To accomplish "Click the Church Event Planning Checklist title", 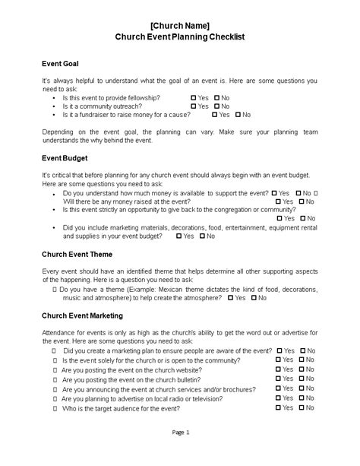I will pos(180,36).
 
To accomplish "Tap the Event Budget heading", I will pos(65,158).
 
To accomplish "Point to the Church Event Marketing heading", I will pos(83,315).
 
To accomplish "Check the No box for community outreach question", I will pos(217,106).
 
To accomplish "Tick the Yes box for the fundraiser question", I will pos(215,115).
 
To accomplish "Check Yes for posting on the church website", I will pos(279,369).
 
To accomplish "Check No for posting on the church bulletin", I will pos(302,378).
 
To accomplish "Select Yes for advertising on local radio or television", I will pos(279,398).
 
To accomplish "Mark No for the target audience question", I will pos(302,407).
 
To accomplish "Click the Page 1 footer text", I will pos(180,453).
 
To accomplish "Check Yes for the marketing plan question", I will pos(279,350).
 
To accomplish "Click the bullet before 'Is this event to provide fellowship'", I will pos(52,98).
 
